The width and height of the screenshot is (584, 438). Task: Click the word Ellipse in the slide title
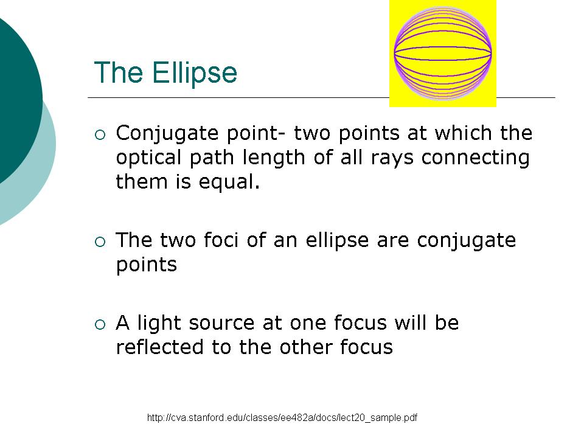click(x=195, y=73)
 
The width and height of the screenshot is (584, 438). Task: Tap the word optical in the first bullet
click(x=148, y=158)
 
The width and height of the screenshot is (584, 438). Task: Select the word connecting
click(x=475, y=158)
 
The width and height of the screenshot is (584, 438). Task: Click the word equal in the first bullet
click(x=229, y=182)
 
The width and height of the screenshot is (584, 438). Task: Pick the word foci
click(x=221, y=240)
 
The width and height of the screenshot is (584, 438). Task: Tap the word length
click(x=274, y=158)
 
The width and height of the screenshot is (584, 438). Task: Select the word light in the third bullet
click(x=159, y=323)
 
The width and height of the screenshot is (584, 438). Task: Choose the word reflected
click(x=159, y=347)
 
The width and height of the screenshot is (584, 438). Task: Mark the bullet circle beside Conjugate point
click(x=100, y=135)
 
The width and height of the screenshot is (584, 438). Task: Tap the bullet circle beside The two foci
click(x=100, y=242)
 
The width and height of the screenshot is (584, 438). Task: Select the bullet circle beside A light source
click(x=100, y=325)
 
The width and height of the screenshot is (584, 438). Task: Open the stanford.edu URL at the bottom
click(x=282, y=417)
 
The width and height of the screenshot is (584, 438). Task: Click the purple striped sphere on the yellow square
click(x=442, y=54)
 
